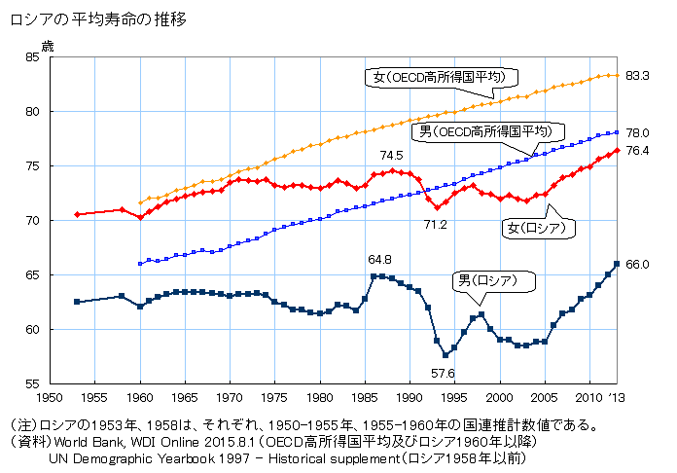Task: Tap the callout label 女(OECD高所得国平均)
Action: (x=444, y=76)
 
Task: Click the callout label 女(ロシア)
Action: (x=537, y=229)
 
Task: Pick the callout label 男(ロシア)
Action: (x=497, y=280)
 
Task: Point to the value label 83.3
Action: (x=638, y=75)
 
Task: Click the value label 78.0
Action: (x=638, y=132)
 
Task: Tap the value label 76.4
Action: (x=638, y=151)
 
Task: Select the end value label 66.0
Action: (x=638, y=264)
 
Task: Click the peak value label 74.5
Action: (x=392, y=155)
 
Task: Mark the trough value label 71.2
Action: (x=435, y=225)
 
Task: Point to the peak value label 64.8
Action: (x=379, y=259)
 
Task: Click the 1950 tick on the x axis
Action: (x=50, y=398)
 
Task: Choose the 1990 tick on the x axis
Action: (x=410, y=398)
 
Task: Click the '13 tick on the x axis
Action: (x=617, y=398)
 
